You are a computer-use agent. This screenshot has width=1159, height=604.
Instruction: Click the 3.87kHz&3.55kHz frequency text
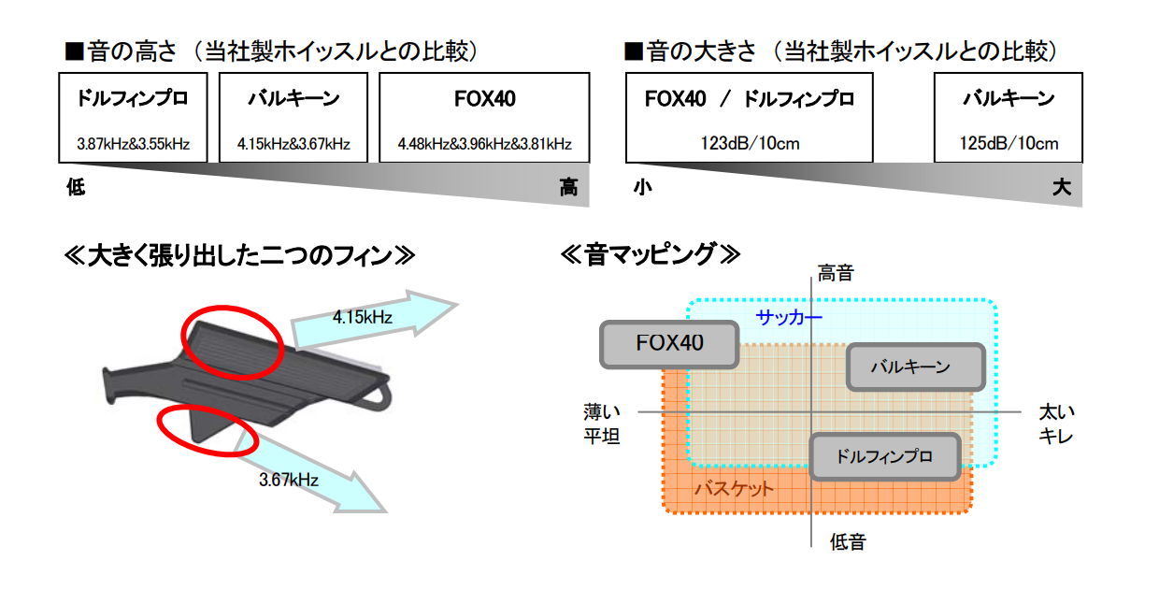tap(133, 143)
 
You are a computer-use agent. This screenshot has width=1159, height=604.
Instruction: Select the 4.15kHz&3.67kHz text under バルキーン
tap(293, 143)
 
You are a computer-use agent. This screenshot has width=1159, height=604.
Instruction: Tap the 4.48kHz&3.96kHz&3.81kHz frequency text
tap(484, 143)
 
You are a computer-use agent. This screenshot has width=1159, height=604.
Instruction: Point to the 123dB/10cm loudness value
tap(750, 143)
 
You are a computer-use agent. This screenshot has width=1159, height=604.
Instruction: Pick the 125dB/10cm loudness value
tap(1009, 143)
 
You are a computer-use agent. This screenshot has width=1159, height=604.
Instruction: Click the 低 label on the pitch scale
tap(76, 187)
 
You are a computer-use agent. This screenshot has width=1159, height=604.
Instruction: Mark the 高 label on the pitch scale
tap(568, 187)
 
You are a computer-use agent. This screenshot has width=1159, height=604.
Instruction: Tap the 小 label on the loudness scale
tap(643, 187)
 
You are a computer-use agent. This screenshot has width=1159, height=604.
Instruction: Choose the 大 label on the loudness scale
tap(1062, 187)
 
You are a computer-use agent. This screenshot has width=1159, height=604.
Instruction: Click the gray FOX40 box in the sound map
tap(669, 345)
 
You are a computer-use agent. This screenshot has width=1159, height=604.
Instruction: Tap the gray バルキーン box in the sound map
tap(916, 367)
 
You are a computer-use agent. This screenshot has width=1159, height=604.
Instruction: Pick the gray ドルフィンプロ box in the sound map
tap(885, 456)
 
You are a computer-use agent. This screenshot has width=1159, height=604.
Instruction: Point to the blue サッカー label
tap(789, 317)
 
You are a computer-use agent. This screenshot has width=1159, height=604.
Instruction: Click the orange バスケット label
tap(734, 489)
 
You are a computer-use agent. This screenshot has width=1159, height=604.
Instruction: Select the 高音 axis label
tap(836, 273)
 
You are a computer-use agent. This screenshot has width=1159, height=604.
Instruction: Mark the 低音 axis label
tap(848, 542)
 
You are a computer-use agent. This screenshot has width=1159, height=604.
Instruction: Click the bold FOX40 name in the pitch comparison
tap(485, 98)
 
